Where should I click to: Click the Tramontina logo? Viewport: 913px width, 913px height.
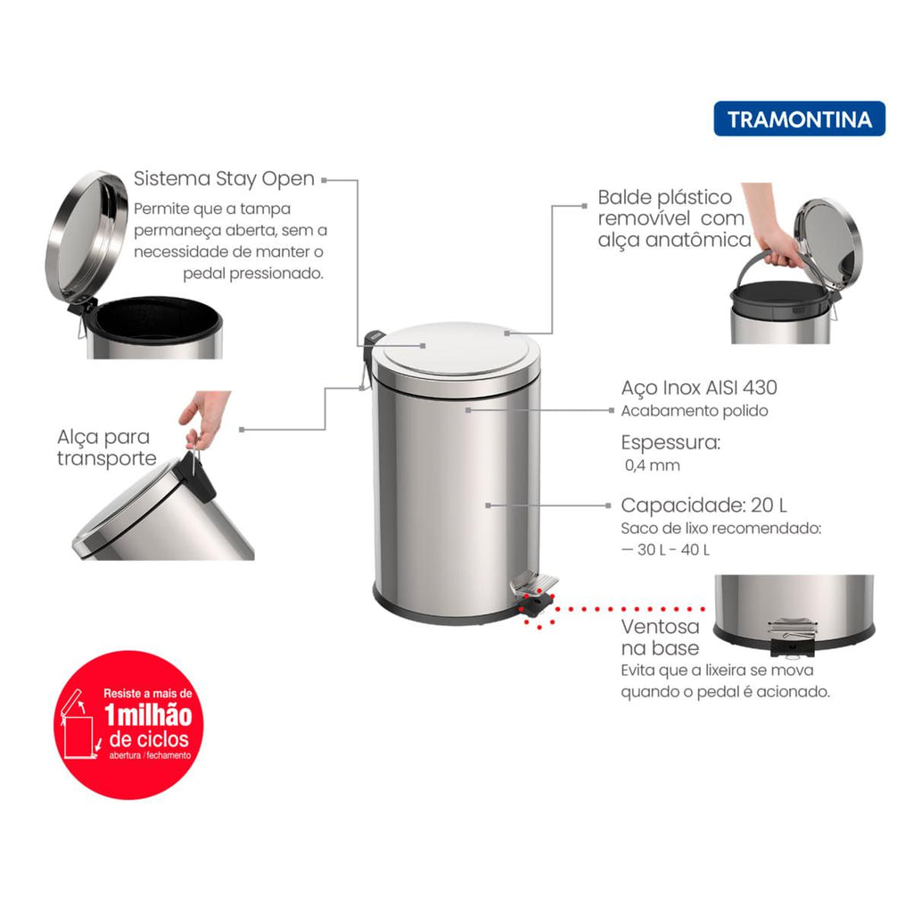(x=799, y=119)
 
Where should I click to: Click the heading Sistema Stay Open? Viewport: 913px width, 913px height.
(x=224, y=178)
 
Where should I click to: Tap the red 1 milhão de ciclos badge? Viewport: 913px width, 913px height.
(x=128, y=724)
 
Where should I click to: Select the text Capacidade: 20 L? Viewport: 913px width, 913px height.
(x=704, y=505)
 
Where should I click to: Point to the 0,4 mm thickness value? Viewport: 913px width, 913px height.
(x=652, y=465)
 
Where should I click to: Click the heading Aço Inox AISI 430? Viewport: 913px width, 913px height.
(x=699, y=387)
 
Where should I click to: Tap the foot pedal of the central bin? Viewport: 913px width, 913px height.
(x=534, y=584)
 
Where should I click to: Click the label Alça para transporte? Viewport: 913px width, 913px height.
(x=107, y=448)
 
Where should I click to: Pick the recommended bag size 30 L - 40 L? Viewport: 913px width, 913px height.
(x=665, y=549)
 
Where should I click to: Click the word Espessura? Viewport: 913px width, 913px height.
(x=670, y=442)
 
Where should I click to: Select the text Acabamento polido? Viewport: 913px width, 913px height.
(x=695, y=411)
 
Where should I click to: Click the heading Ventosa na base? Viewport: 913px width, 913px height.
(x=661, y=637)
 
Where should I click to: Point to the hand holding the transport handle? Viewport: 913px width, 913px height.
(x=204, y=416)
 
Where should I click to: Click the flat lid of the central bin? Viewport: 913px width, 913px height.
(x=456, y=350)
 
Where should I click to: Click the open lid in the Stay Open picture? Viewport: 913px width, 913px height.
(x=86, y=236)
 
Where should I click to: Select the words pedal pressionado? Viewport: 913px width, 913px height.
(x=253, y=274)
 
